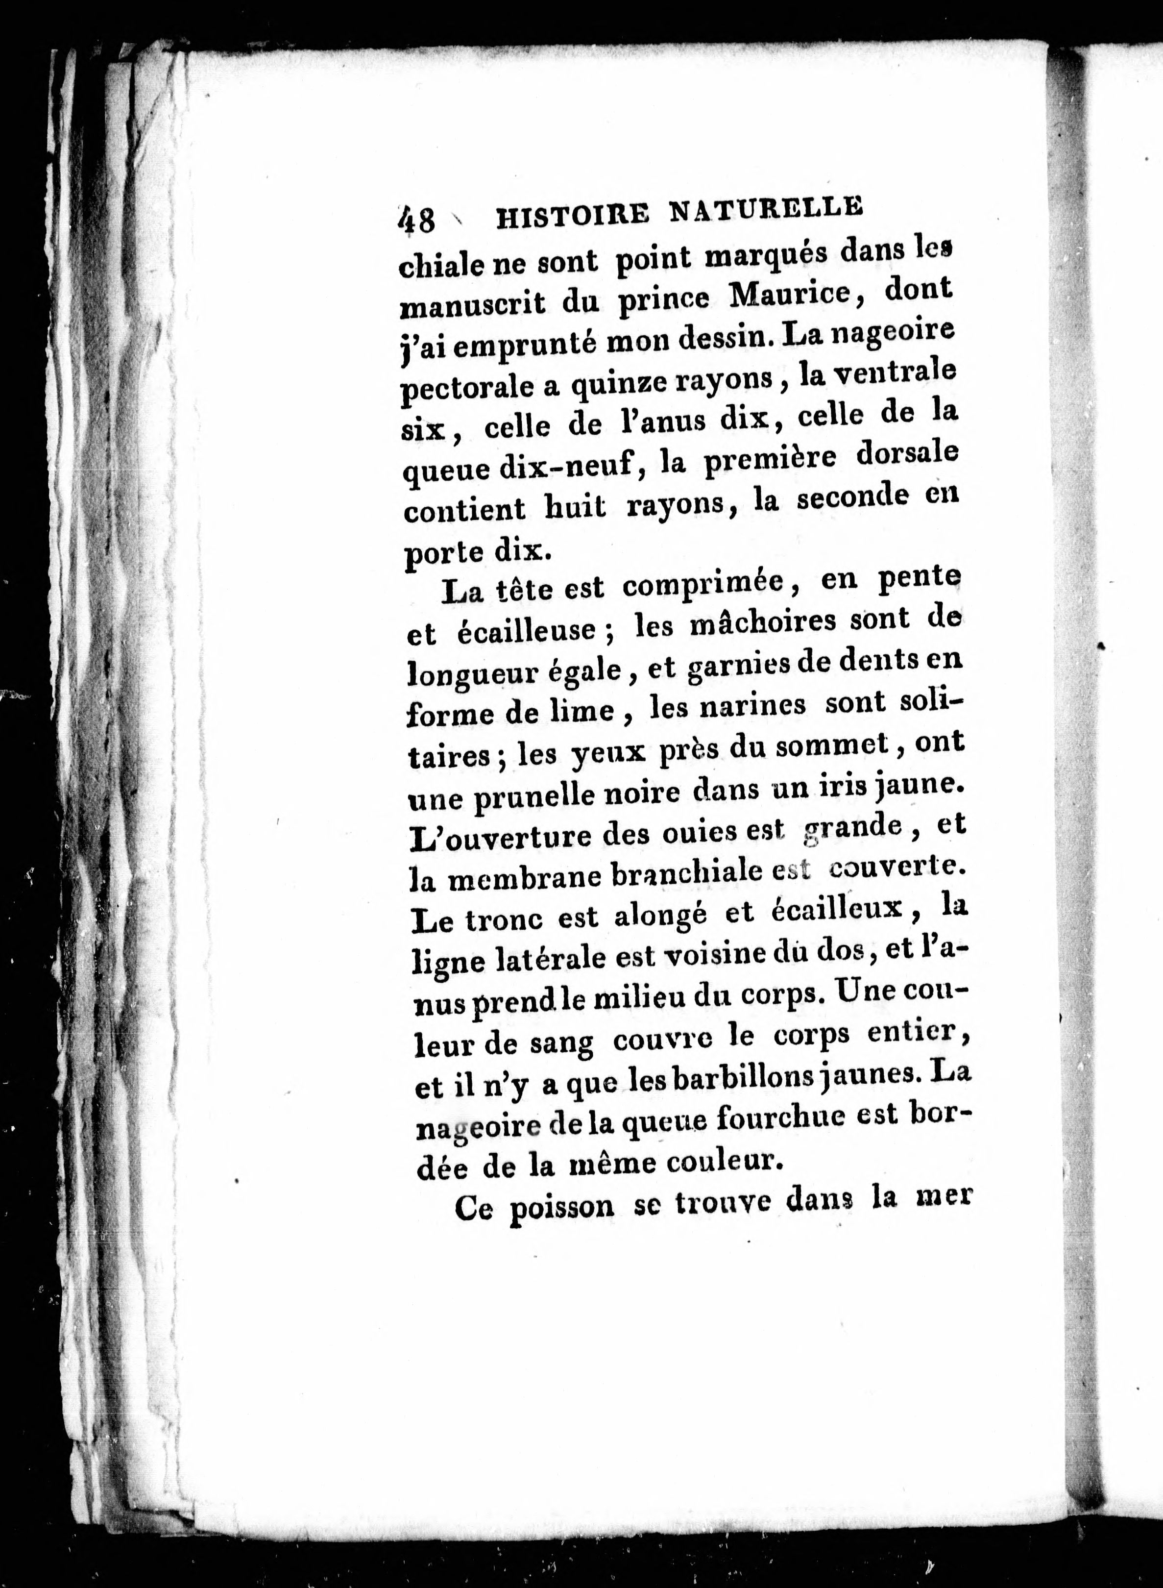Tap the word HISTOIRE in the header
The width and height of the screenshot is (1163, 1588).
(x=572, y=215)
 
